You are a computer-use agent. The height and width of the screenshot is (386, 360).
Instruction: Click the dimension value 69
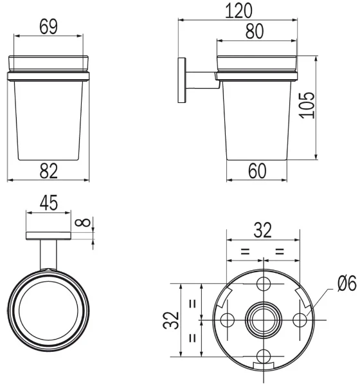coord(48,26)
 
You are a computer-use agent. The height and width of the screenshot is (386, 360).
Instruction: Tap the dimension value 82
coord(48,171)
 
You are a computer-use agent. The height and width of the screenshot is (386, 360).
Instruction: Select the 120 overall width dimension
coord(239,11)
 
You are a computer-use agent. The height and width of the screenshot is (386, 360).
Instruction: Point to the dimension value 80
coord(255,32)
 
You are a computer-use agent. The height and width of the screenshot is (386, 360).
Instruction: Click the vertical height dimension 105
coord(307,105)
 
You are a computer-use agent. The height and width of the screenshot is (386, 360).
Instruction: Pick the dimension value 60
coord(257,171)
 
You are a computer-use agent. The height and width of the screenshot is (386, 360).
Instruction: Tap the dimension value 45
coord(49,203)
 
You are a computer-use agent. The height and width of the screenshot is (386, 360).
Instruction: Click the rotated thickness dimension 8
coord(83,223)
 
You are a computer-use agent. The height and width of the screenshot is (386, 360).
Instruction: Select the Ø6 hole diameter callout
coord(347,283)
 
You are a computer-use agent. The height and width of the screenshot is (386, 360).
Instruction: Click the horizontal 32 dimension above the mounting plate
coord(263,230)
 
